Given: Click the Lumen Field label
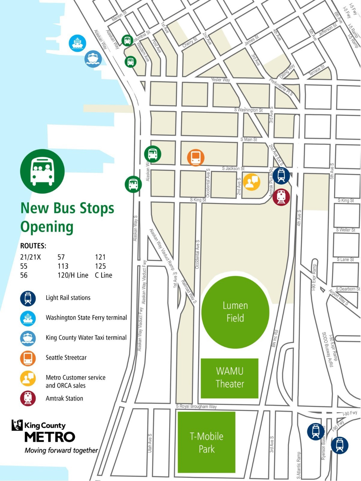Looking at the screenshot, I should coord(235,312).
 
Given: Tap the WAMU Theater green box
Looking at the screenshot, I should coord(230,378).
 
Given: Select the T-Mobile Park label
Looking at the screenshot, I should coord(206,443).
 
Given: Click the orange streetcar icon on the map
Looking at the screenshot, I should coord(196,158).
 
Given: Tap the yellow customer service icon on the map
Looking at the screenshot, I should coord(251,182).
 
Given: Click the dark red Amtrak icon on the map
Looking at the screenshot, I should coord(281,197).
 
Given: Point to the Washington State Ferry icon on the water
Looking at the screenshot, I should coord(77,43).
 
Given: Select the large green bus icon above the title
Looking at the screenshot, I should coord(42,171).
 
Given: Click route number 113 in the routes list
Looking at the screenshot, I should coord(63,266).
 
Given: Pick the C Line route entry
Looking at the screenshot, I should coord(103,275).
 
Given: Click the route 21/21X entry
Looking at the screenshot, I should coord(30,257).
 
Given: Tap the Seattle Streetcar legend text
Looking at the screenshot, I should coord(66,358).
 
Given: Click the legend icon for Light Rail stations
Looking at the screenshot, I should coord(28,298).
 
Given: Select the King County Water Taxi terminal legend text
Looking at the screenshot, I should coord(86,338).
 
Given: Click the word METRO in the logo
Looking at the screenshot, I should coord(50,437).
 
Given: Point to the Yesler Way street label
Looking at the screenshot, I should coord(220,80).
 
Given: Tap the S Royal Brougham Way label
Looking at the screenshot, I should coord(196,406).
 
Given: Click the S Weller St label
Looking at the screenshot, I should coord(345,230).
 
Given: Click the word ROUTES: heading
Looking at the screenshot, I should coord(33,246).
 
